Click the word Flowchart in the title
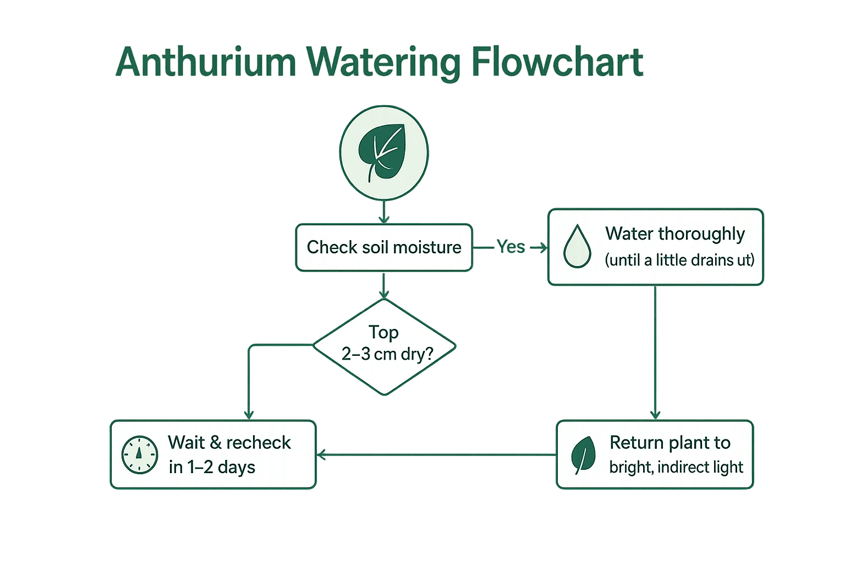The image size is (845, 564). [557, 62]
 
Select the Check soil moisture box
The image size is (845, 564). [384, 247]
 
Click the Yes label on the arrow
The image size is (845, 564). [511, 247]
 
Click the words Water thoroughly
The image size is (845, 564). [675, 234]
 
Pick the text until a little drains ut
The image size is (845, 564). [679, 260]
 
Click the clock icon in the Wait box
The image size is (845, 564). [139, 455]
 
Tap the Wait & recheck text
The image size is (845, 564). [229, 443]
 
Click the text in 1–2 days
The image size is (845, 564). [212, 468]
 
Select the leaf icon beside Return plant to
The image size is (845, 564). [583, 455]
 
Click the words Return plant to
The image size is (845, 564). [670, 443]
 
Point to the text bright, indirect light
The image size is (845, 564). [676, 468]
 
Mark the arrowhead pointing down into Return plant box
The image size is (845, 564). [655, 415]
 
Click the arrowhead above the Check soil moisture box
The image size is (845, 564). [384, 219]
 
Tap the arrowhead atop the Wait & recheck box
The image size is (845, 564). [249, 415]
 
